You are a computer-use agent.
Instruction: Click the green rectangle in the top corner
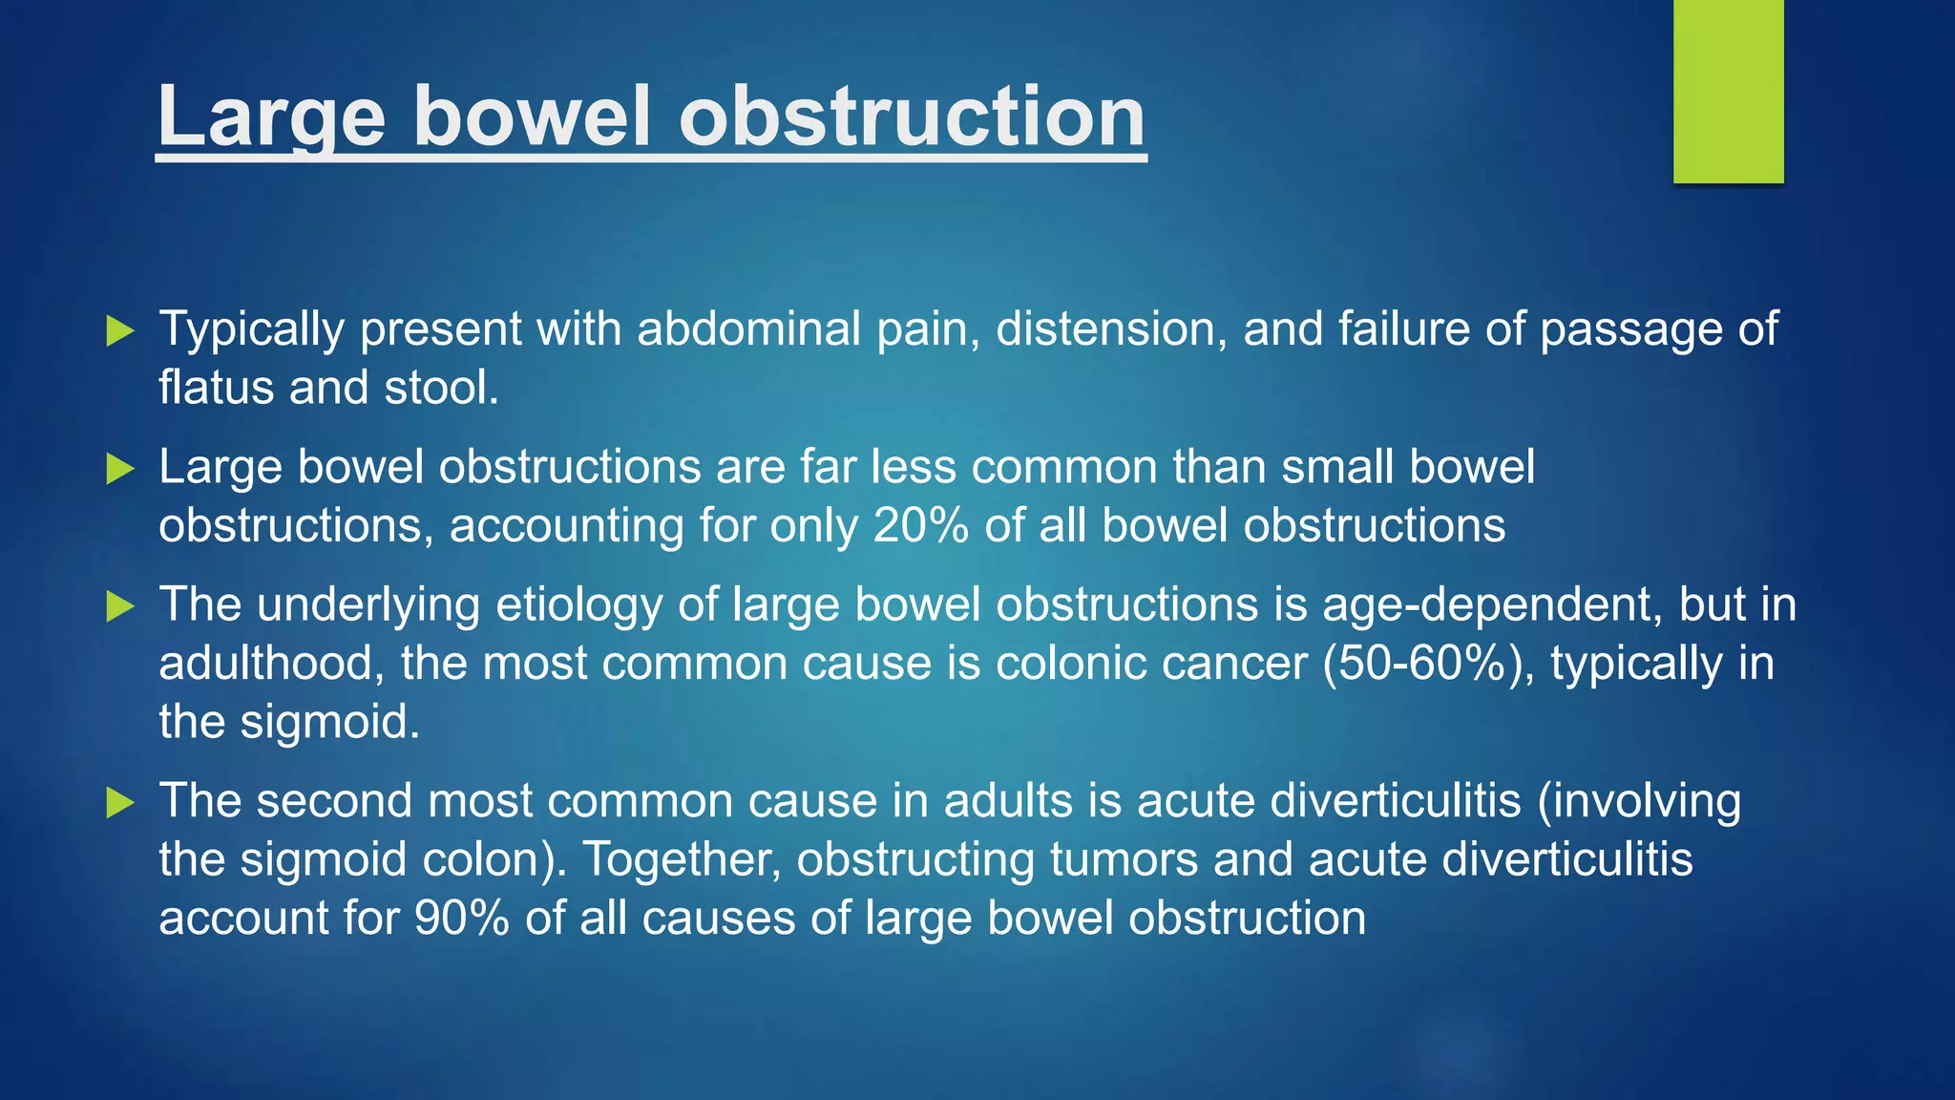pos(1728,91)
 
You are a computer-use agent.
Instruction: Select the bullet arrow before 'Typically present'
pos(120,330)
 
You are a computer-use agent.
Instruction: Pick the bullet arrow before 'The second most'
pos(120,802)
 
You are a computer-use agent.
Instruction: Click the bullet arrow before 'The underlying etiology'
pos(120,606)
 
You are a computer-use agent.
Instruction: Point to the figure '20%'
pos(920,526)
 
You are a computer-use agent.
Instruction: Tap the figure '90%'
pos(461,919)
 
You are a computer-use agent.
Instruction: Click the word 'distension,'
pos(1111,329)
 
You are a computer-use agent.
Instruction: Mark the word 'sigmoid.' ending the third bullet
pos(329,723)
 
